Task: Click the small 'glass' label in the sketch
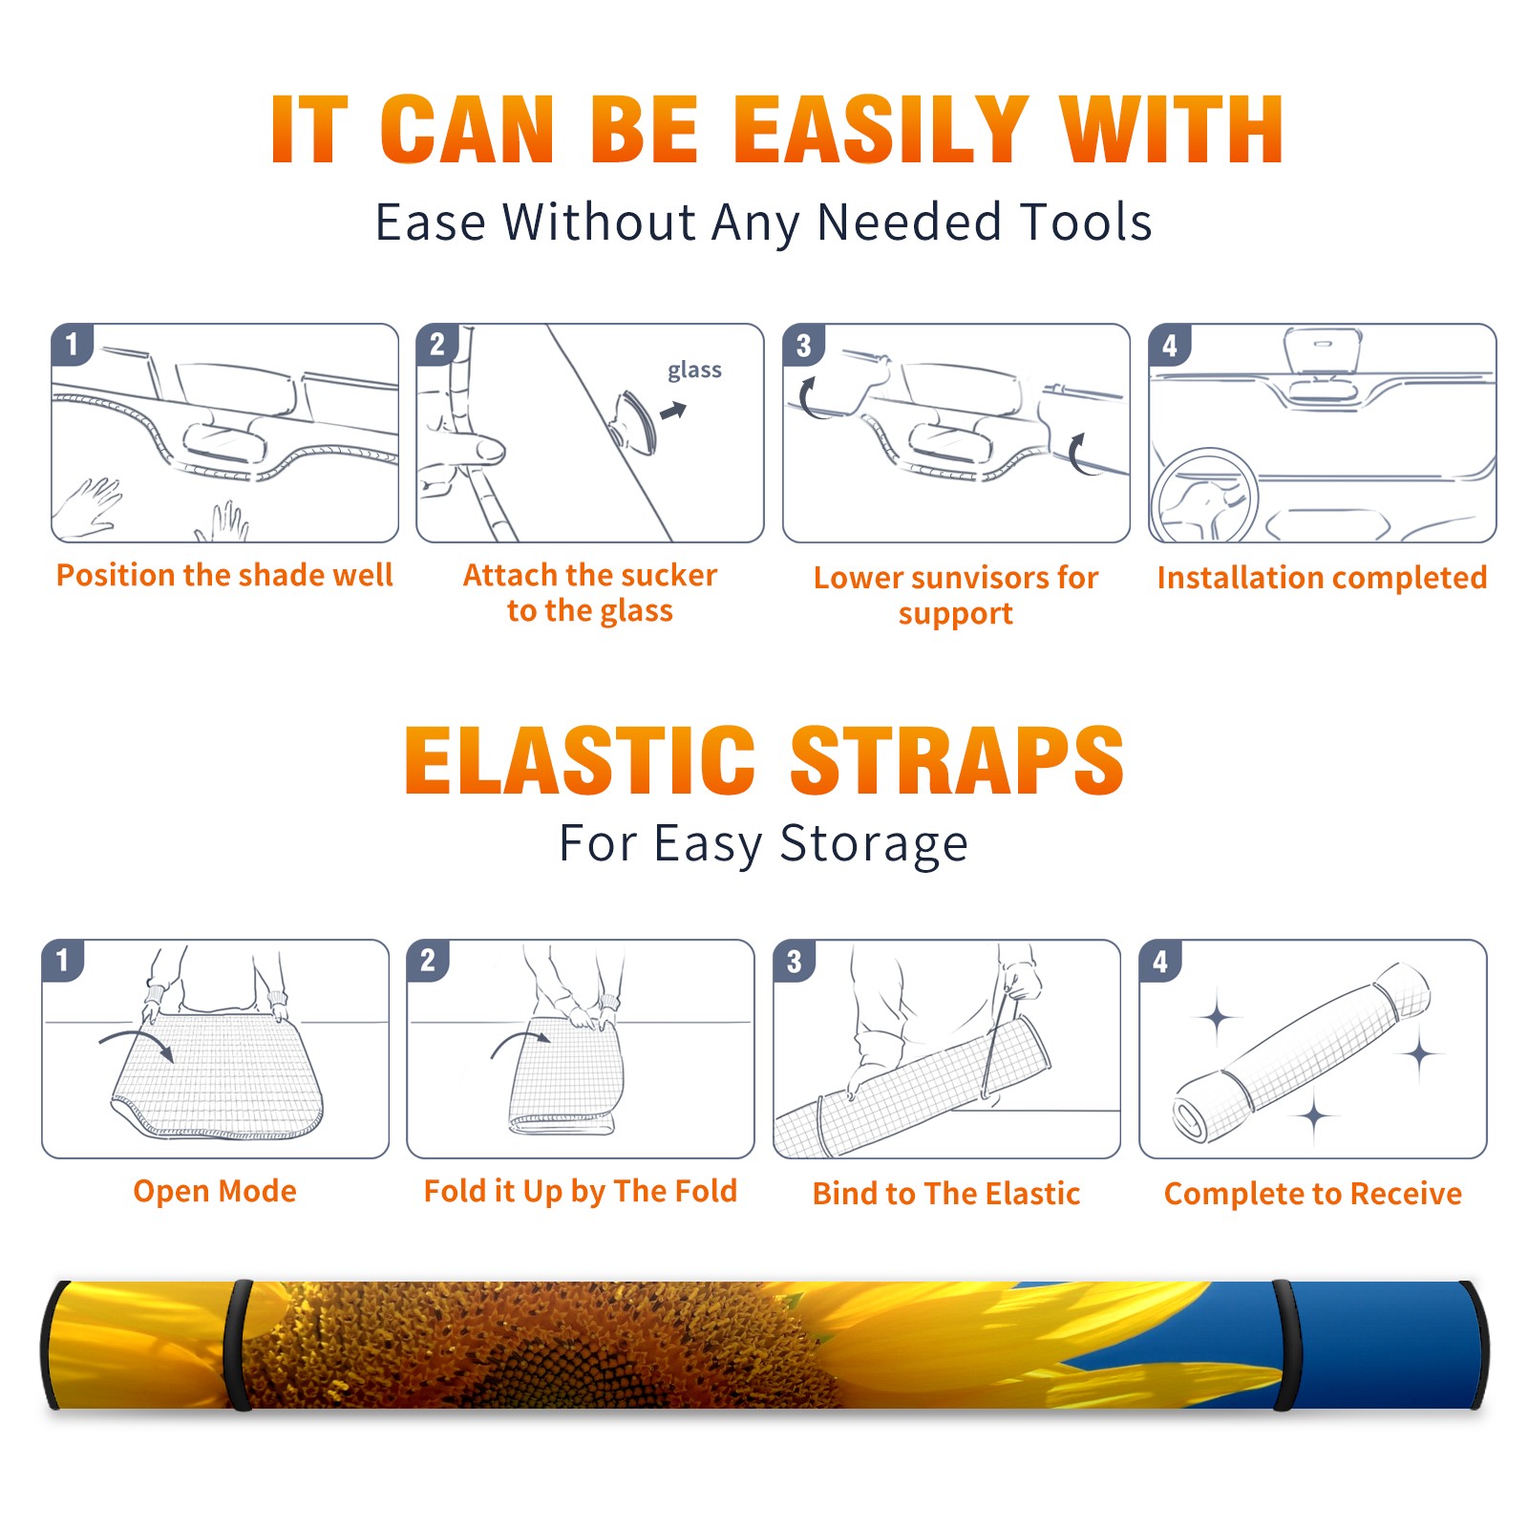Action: click(694, 371)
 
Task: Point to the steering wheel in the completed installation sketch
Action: click(1204, 495)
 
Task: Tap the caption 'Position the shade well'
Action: click(224, 575)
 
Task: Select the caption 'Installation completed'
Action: click(1322, 578)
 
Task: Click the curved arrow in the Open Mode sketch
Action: click(137, 1043)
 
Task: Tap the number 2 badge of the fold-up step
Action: click(428, 961)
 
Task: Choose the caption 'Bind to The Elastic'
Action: click(946, 1194)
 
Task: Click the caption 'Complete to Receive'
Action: click(1313, 1194)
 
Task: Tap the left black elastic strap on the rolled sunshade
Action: click(238, 1346)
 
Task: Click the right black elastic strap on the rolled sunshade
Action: click(1284, 1346)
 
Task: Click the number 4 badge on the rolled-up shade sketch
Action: click(1160, 961)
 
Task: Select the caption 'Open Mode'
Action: click(215, 1191)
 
